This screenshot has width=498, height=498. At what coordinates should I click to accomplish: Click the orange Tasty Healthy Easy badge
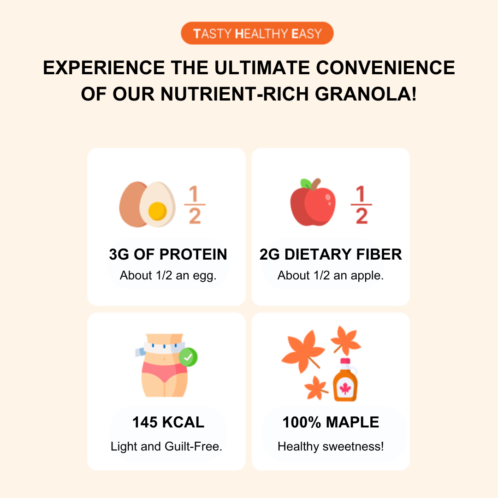coord(257,33)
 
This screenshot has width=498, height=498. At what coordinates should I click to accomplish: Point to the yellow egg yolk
coord(157,211)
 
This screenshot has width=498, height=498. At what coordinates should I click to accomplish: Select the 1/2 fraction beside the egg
coord(195,205)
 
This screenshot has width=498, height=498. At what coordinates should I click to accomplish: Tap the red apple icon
coord(313,202)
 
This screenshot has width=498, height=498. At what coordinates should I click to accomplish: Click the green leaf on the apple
coord(306,184)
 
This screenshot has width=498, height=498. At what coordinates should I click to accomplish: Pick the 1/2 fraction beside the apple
coord(361,205)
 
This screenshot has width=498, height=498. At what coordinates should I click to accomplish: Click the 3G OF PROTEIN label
coord(168,255)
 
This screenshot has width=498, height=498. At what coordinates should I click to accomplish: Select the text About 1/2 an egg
coord(168,275)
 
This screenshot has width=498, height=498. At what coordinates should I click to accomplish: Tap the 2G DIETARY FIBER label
coord(331,255)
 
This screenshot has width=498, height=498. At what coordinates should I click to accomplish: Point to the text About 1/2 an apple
coord(331,275)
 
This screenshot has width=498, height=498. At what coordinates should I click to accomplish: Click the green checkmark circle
coord(188,357)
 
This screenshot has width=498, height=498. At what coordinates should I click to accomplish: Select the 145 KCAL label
coord(168,422)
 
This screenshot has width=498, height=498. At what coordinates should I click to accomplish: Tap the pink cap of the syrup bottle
coord(345,361)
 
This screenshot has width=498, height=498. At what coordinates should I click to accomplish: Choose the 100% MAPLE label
coord(331,422)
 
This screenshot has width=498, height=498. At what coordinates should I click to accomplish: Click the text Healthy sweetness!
coord(331,446)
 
